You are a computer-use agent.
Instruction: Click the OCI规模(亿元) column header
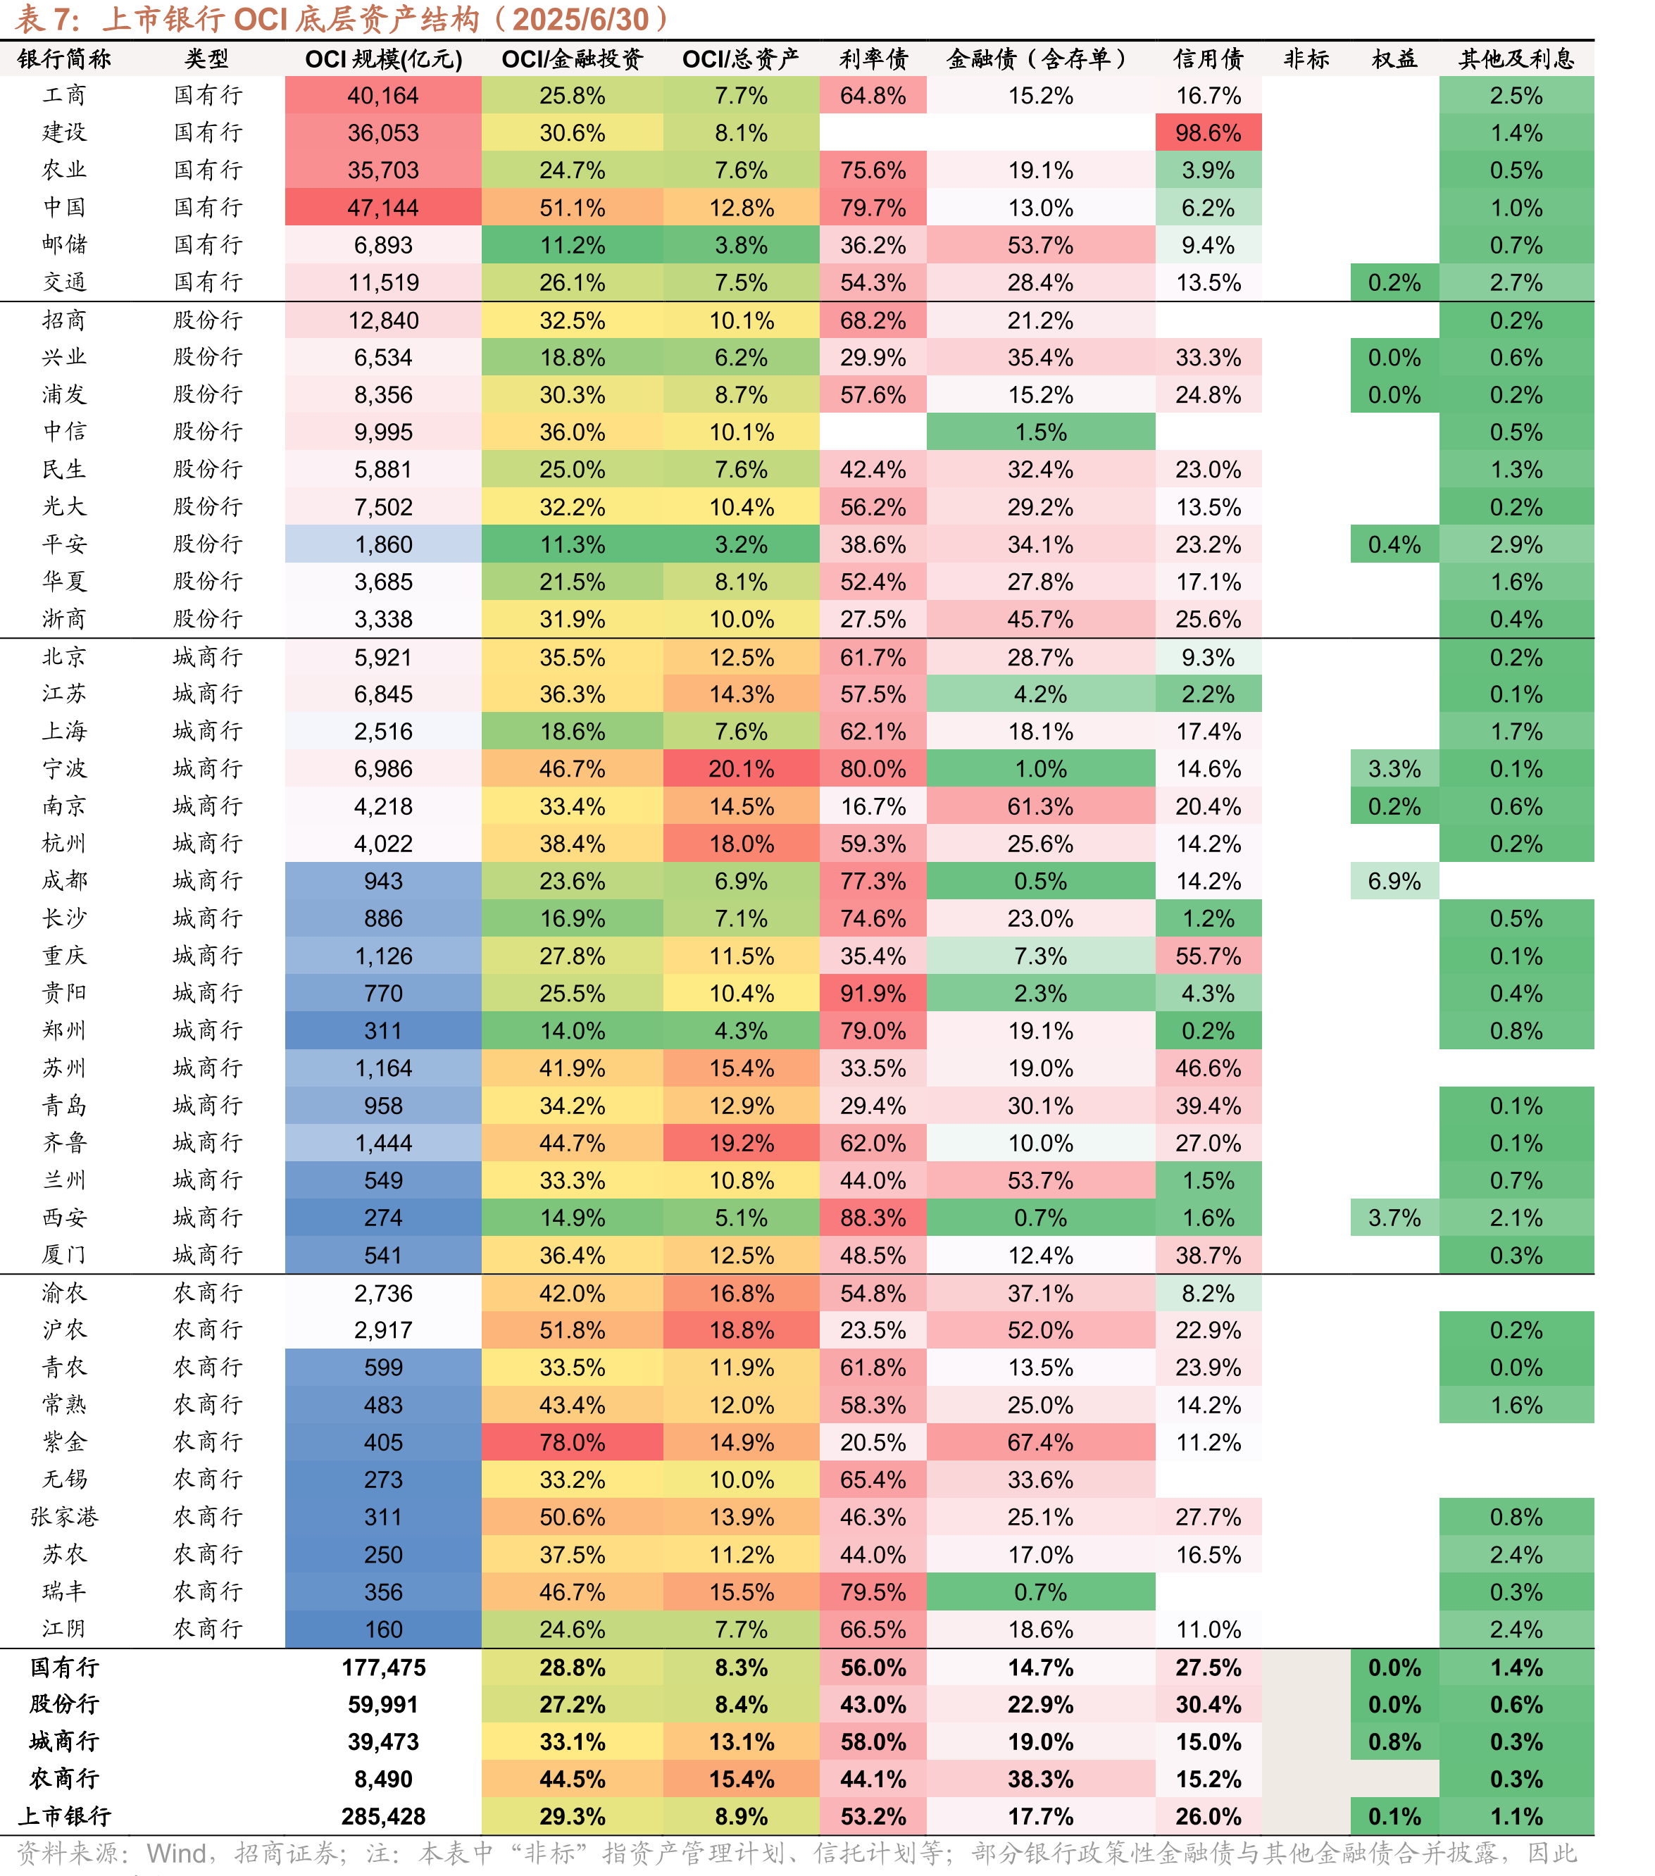(x=383, y=58)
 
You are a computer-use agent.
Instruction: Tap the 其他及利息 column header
(x=1516, y=58)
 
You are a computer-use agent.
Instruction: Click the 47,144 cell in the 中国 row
(x=383, y=208)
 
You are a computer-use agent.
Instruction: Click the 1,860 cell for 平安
(x=383, y=544)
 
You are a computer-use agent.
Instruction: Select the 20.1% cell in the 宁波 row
(x=741, y=769)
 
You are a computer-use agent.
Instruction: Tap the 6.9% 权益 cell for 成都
(x=1394, y=881)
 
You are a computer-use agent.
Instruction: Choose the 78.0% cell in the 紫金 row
(x=572, y=1442)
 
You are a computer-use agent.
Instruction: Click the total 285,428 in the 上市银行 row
(x=383, y=1816)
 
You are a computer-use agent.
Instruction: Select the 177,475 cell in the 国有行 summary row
(x=383, y=1667)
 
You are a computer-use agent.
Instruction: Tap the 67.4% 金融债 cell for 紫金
(x=1040, y=1442)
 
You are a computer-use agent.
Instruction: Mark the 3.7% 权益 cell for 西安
(x=1394, y=1218)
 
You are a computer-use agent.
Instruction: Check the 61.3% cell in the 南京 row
(x=1040, y=807)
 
